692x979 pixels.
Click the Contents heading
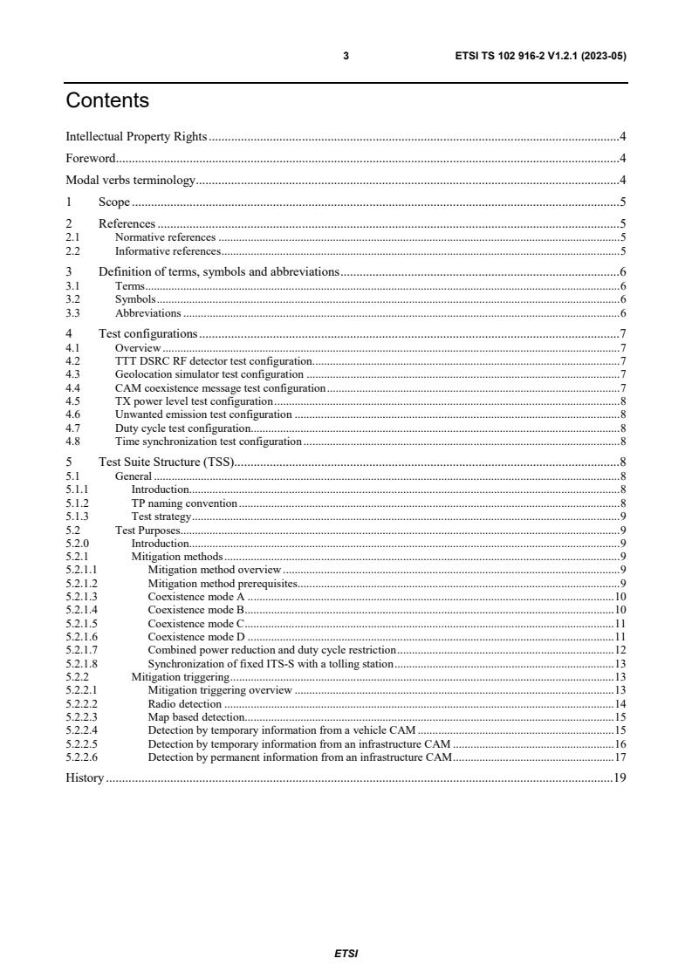click(x=107, y=101)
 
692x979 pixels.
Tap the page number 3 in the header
click(x=346, y=56)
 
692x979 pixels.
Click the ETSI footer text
click(x=346, y=953)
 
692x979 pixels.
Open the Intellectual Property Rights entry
click(x=136, y=136)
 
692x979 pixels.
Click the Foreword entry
click(x=92, y=159)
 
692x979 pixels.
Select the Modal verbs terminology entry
click(x=131, y=181)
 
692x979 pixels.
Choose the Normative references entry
click(x=165, y=236)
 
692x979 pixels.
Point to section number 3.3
click(x=73, y=312)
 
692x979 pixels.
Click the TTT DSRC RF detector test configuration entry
click(x=214, y=360)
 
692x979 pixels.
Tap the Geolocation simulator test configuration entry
click(x=209, y=373)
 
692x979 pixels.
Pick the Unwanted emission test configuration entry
click(x=203, y=414)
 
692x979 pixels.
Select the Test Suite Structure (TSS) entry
click(x=166, y=462)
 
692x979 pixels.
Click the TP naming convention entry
click(x=183, y=503)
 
